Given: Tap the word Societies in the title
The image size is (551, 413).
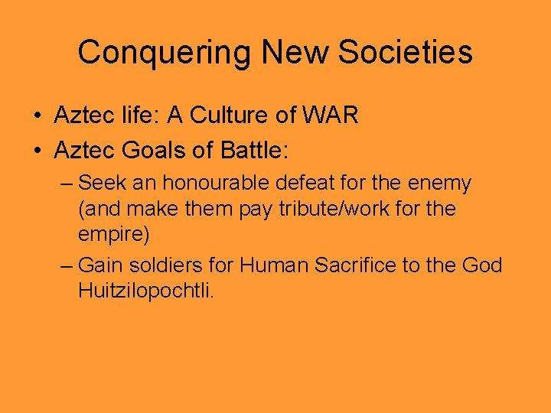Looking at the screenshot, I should pyautogui.click(x=407, y=53).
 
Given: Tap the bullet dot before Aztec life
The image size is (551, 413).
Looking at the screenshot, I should pyautogui.click(x=37, y=117).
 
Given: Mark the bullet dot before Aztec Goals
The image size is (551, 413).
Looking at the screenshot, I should pyautogui.click(x=37, y=151).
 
